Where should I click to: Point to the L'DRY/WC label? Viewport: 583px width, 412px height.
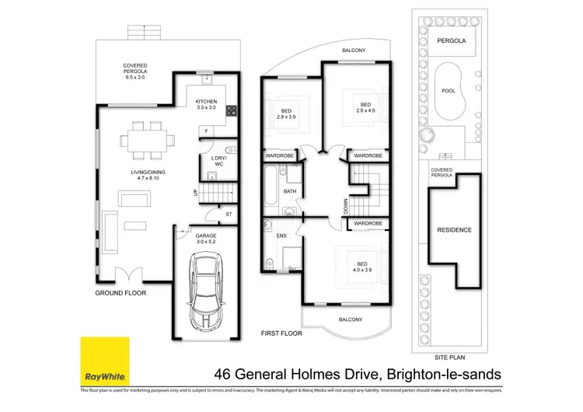218,162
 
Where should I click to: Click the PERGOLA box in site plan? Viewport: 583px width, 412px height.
451,40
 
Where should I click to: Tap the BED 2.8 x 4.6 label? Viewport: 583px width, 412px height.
365,108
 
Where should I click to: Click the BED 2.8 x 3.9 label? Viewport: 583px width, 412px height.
287,113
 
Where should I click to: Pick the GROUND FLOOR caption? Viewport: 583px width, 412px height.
120,293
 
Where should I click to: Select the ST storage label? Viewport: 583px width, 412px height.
229,213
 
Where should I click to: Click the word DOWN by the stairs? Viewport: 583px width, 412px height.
344,206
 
